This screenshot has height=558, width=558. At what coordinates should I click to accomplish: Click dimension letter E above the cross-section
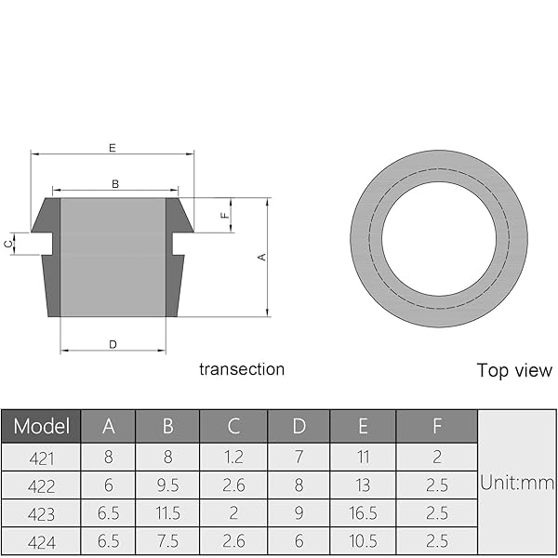[112, 147]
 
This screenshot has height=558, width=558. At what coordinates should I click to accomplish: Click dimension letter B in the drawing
[115, 184]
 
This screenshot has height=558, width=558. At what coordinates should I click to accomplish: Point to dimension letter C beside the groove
[8, 244]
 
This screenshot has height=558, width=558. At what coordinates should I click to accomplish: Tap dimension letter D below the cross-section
[113, 344]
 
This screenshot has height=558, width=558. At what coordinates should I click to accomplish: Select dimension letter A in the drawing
[263, 257]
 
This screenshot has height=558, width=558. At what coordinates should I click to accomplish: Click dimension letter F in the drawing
[224, 215]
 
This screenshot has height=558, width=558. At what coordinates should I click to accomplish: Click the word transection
[242, 369]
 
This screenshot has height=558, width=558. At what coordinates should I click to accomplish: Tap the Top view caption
[514, 370]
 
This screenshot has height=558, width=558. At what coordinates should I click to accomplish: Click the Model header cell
[41, 426]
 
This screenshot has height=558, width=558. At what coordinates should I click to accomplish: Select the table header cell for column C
[233, 426]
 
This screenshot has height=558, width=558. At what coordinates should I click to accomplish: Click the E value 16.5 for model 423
[363, 513]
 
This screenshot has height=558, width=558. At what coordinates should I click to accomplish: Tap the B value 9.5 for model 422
[168, 485]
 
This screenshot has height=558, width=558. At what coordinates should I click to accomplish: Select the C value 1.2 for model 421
[233, 458]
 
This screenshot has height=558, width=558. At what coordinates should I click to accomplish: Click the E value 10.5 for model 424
[363, 539]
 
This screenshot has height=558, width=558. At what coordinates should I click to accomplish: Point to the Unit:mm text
[517, 483]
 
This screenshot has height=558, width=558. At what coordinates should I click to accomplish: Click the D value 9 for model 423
[299, 513]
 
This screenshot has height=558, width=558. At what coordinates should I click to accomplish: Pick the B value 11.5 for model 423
[168, 513]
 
